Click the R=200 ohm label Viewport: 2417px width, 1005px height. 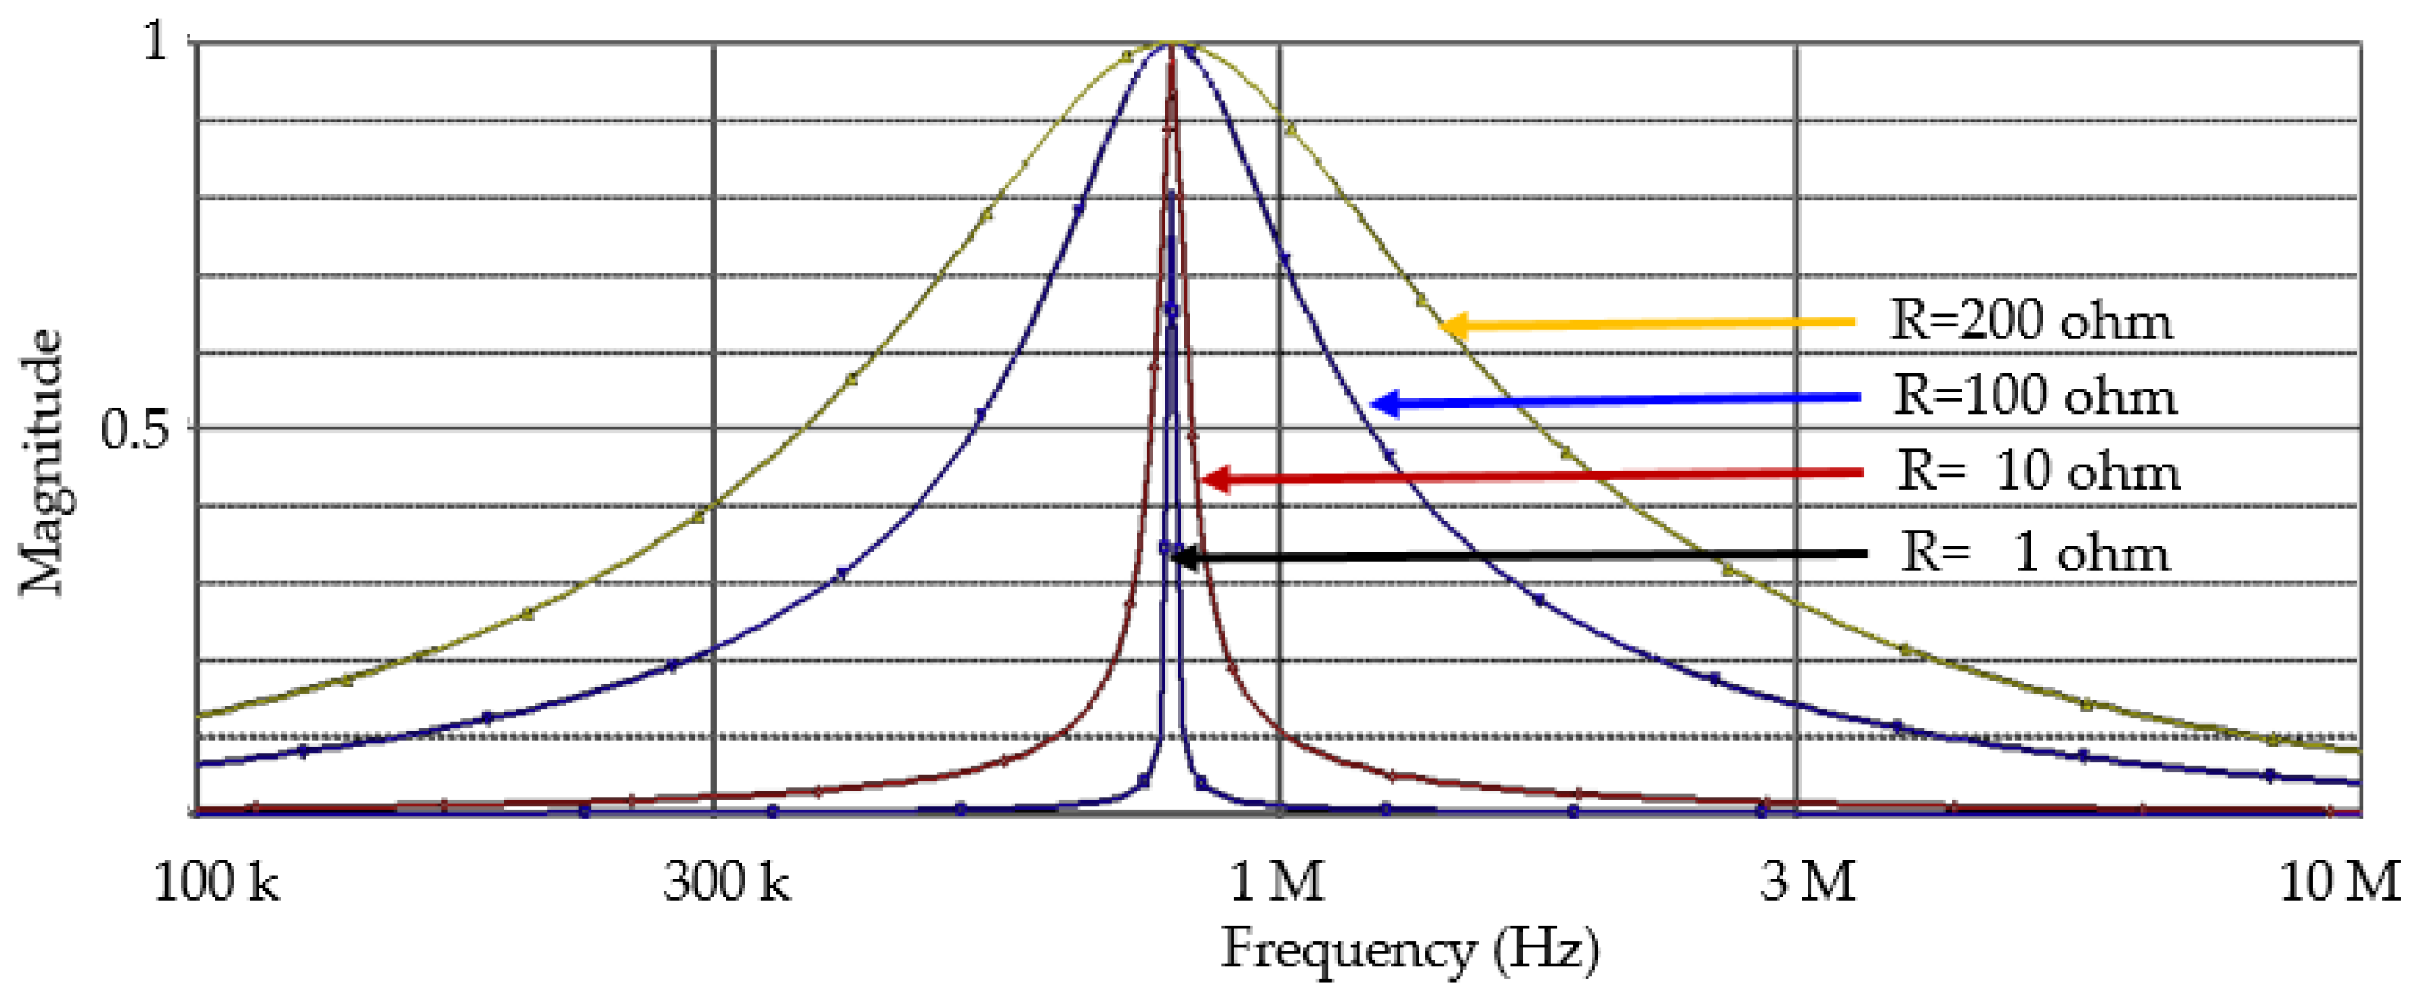tap(2031, 322)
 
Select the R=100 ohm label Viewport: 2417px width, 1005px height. tap(2034, 396)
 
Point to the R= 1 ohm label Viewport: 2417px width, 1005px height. tap(2034, 552)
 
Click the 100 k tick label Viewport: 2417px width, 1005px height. tap(215, 882)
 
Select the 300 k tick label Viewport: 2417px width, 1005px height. tap(726, 882)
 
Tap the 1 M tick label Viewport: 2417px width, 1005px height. tap(1276, 882)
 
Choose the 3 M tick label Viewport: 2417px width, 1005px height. tap(1807, 882)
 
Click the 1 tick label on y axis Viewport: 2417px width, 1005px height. tap(156, 43)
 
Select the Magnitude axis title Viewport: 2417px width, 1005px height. tap(41, 462)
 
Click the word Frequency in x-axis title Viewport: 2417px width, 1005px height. tap(1350, 950)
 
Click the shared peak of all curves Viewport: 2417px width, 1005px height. tap(1171, 44)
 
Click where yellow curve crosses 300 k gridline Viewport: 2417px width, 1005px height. tap(714, 505)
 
